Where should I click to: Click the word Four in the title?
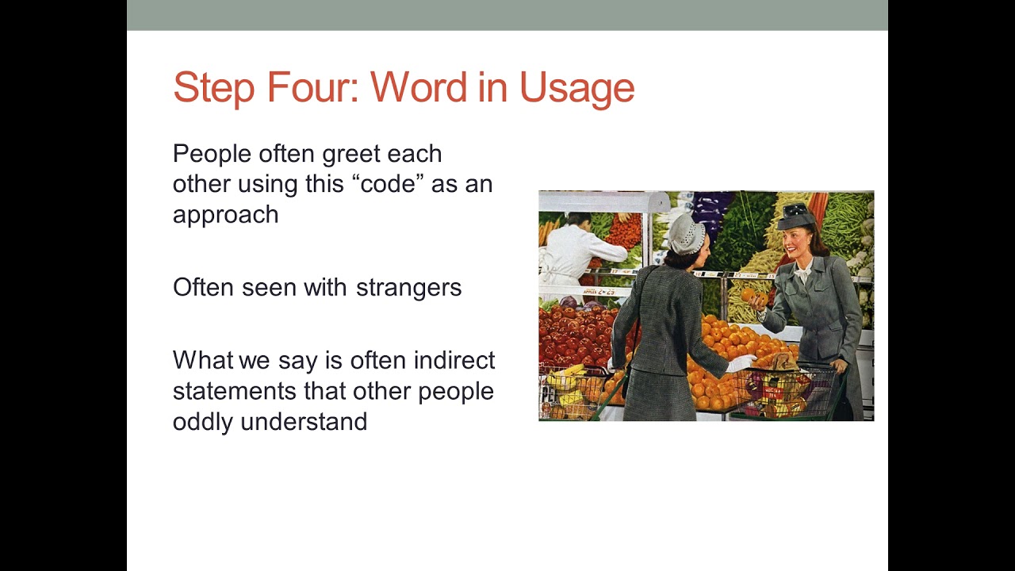click(313, 87)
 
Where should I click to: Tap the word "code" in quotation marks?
click(388, 184)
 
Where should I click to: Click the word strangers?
click(408, 287)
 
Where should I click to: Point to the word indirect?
click(454, 360)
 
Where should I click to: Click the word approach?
click(225, 215)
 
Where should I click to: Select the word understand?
click(304, 421)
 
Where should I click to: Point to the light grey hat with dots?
click(686, 232)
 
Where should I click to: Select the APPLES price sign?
click(599, 292)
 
